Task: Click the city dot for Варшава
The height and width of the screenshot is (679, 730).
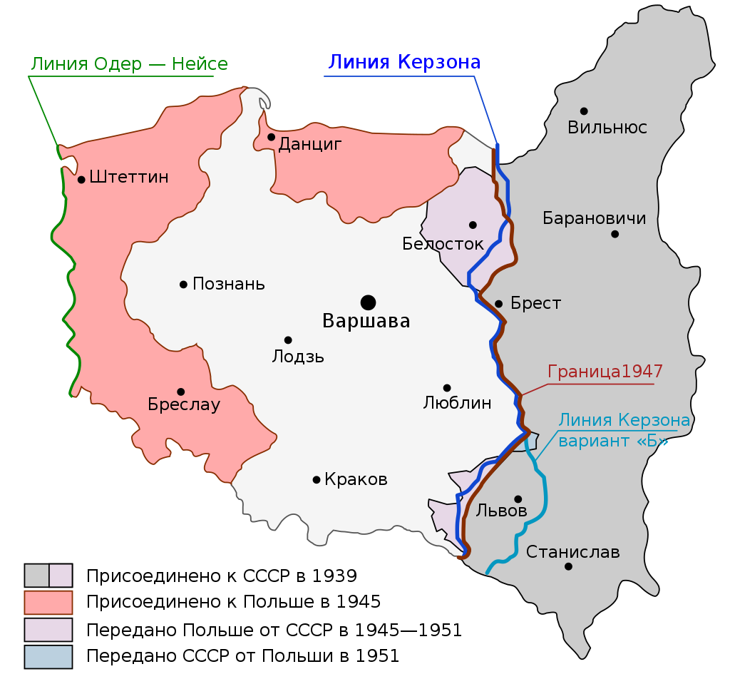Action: [x=368, y=302]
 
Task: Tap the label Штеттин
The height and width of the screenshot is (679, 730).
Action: [x=129, y=178]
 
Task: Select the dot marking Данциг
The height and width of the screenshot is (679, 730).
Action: [x=271, y=137]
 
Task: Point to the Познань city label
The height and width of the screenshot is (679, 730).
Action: [x=229, y=284]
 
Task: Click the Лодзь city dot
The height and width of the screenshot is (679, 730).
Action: [x=288, y=340]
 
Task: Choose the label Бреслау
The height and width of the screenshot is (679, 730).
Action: [x=184, y=405]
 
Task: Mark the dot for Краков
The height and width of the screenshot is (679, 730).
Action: [x=317, y=479]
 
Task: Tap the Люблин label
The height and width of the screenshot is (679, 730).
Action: [x=457, y=403]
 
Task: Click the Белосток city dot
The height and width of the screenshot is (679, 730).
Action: [x=472, y=225]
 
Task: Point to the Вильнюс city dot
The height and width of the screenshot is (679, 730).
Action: [x=584, y=111]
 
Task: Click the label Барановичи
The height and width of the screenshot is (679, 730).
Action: [x=595, y=218]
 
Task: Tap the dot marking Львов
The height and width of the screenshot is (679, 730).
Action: [x=518, y=499]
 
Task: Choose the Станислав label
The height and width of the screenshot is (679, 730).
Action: [x=573, y=552]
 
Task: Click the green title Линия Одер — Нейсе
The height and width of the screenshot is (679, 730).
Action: [x=129, y=64]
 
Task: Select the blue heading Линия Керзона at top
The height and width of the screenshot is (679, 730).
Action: [x=404, y=62]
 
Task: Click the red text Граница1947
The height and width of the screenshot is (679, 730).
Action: [x=605, y=372]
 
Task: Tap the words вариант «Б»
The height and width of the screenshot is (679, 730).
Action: [x=614, y=441]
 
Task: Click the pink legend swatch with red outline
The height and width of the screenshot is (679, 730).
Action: [x=48, y=602]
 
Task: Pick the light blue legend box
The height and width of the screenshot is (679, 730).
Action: [x=48, y=656]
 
